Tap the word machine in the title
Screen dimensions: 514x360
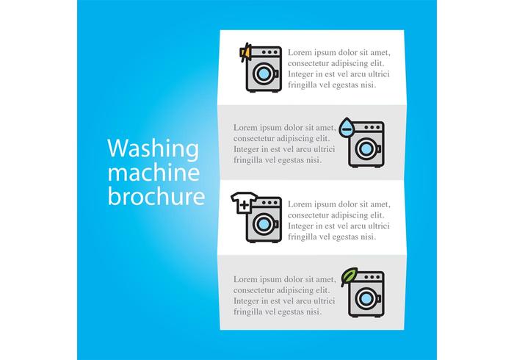[153, 172]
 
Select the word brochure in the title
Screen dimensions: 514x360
[156, 196]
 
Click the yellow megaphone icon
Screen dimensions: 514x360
[245, 52]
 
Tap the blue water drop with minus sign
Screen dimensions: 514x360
[346, 128]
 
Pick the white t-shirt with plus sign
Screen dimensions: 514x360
[245, 203]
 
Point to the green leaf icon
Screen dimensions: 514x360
[349, 277]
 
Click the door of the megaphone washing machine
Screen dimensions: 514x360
[264, 73]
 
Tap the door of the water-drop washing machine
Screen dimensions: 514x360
[366, 149]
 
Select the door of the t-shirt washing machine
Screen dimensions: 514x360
[264, 224]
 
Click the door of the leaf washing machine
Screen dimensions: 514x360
[366, 299]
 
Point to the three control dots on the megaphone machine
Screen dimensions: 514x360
[269, 52]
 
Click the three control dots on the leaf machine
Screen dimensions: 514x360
[372, 277]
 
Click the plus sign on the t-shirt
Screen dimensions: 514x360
[245, 206]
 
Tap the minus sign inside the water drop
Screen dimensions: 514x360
[346, 129]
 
